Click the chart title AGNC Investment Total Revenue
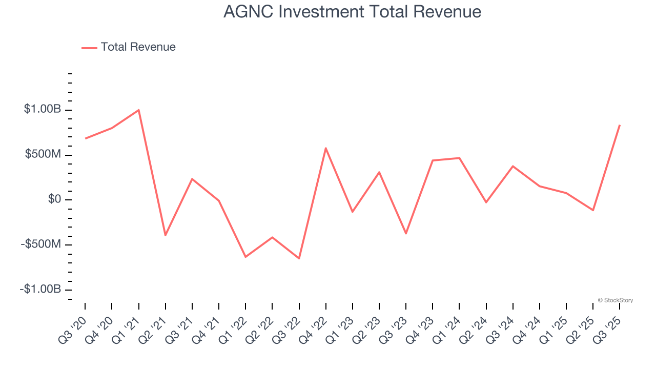click(x=352, y=12)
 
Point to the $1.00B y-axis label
click(x=43, y=109)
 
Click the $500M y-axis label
click(x=43, y=154)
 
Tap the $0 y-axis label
click(x=54, y=199)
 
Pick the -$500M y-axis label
click(x=40, y=244)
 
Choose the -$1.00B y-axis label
click(x=40, y=290)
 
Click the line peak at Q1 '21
click(x=138, y=110)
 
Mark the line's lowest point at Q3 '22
click(x=299, y=258)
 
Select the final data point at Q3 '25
click(x=620, y=125)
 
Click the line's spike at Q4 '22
click(x=326, y=148)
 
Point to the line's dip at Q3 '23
click(x=406, y=233)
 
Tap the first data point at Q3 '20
click(x=85, y=138)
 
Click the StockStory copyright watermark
click(x=615, y=300)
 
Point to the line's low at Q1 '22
click(x=245, y=257)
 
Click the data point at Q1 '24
click(x=460, y=158)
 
